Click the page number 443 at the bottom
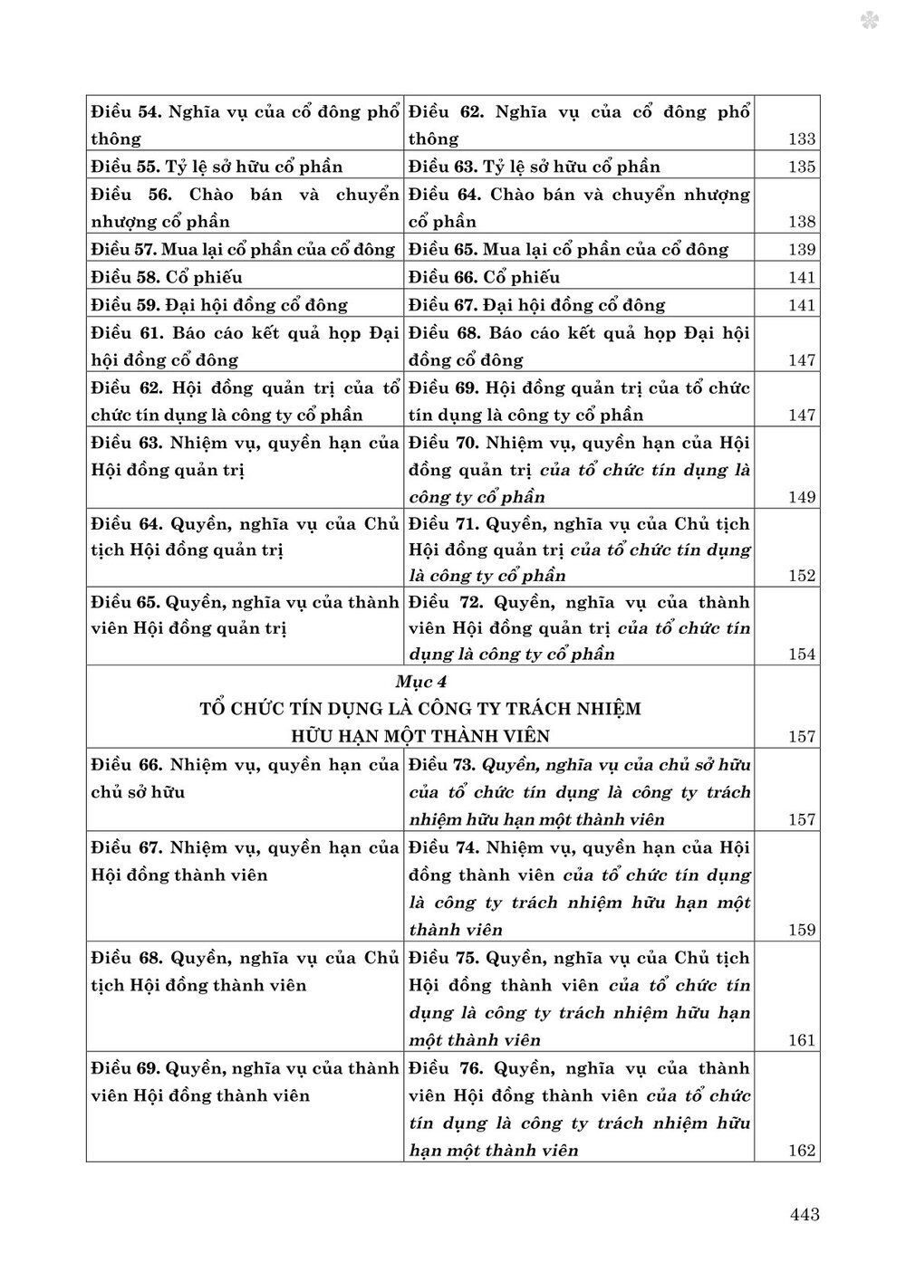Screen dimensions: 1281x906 coord(804,1214)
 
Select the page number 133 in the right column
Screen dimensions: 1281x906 coord(802,139)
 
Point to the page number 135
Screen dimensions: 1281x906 coord(802,167)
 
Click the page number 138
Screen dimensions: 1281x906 coord(802,223)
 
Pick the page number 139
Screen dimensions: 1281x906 coord(802,250)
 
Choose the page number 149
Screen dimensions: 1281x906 coord(802,497)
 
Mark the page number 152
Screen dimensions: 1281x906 coord(802,576)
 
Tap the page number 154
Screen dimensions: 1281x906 coord(802,655)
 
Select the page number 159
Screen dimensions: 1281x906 coord(802,930)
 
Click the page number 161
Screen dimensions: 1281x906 coord(802,1040)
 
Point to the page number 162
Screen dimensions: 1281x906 coord(802,1152)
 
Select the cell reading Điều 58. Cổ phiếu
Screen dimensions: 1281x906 coord(167,277)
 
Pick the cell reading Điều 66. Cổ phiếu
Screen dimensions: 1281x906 coord(484,277)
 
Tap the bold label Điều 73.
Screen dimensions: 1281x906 coord(442,764)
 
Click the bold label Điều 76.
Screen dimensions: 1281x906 coord(442,1068)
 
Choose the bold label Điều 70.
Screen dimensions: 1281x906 coord(442,443)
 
